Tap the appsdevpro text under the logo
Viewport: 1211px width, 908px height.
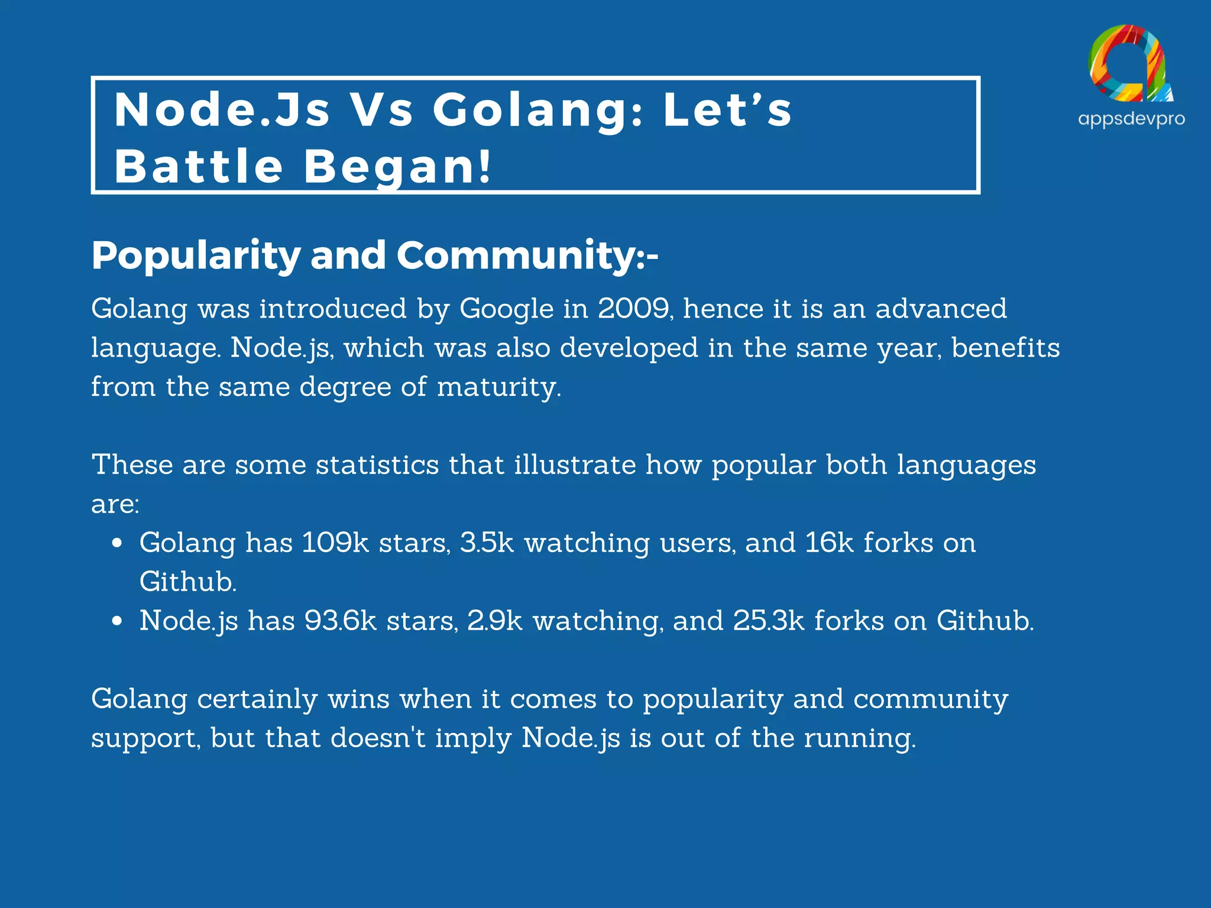pos(1131,119)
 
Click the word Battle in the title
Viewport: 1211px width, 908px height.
pos(199,167)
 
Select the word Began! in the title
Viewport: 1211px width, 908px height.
pos(397,167)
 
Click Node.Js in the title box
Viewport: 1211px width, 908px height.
pos(222,110)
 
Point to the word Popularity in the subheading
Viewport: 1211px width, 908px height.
pos(196,256)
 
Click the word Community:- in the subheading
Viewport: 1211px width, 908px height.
pos(526,256)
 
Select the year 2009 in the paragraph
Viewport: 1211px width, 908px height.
pos(633,309)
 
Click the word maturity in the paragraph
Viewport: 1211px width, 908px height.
pos(498,388)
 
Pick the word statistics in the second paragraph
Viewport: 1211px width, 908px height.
pos(377,465)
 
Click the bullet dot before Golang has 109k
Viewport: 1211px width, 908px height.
pos(117,543)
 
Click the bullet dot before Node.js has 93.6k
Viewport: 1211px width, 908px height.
pos(117,621)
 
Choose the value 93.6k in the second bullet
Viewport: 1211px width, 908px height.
pos(340,621)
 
